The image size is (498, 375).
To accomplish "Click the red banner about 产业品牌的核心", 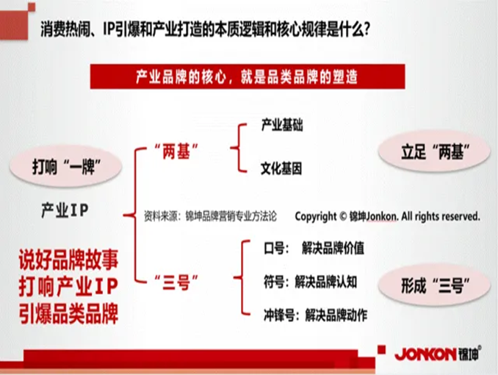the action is point(248,76).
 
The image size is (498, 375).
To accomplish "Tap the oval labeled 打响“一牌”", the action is point(66,166).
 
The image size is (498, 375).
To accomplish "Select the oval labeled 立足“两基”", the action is point(435,151).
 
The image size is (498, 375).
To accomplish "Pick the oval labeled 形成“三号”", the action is point(435,285).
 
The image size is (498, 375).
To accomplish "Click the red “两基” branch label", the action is point(176,151).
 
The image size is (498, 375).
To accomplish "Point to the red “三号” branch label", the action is point(176,282).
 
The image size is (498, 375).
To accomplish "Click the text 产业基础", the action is point(282,125).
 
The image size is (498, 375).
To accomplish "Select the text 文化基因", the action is point(281,168).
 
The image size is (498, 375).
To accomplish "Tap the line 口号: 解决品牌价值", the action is point(314,248).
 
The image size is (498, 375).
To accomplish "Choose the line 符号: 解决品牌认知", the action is point(310,282).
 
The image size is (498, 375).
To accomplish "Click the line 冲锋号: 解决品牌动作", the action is point(315,315).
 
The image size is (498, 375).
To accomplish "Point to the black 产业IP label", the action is point(65,210).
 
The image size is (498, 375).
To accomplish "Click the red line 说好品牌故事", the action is point(68,260).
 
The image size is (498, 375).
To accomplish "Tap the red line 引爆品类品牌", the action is point(68,314).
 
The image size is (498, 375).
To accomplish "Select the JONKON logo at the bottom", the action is point(438,354).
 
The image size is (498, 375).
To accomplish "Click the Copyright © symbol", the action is point(343,217).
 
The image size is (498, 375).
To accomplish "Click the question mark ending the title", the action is point(367,29).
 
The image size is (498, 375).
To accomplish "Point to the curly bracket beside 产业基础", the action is point(239,148).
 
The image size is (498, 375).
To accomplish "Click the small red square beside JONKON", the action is point(381,350).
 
